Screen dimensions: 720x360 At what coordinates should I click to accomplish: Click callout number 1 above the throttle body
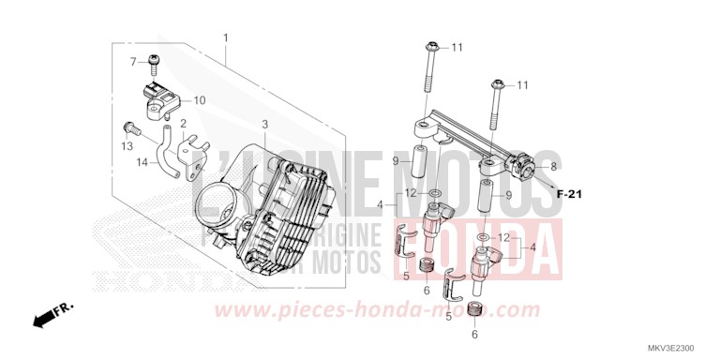[226, 37]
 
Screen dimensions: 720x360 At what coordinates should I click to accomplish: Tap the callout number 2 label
[184, 124]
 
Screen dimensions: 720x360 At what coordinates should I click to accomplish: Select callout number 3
[265, 124]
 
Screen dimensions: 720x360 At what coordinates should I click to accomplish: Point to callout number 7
[133, 62]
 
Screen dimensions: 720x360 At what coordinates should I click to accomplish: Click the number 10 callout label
[200, 99]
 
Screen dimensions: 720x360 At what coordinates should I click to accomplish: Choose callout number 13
[127, 147]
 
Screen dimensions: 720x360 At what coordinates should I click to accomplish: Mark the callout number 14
[142, 162]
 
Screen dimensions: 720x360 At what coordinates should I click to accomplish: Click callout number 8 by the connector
[553, 165]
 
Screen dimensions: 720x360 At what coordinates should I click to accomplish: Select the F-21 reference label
[569, 194]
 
